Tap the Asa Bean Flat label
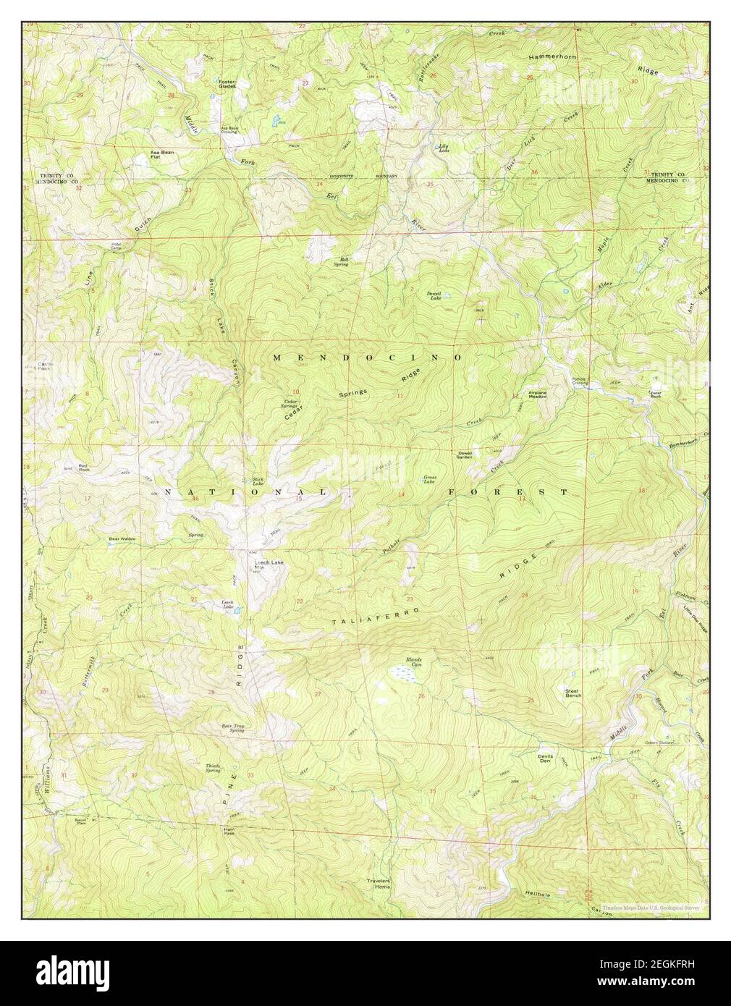click(161, 155)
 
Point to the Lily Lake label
click(444, 147)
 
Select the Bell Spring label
click(340, 262)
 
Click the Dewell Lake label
click(434, 295)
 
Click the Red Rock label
click(86, 468)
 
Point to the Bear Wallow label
click(122, 539)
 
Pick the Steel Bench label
click(573, 693)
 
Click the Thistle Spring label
click(212, 768)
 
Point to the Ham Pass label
click(229, 832)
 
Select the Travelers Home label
click(378, 884)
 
